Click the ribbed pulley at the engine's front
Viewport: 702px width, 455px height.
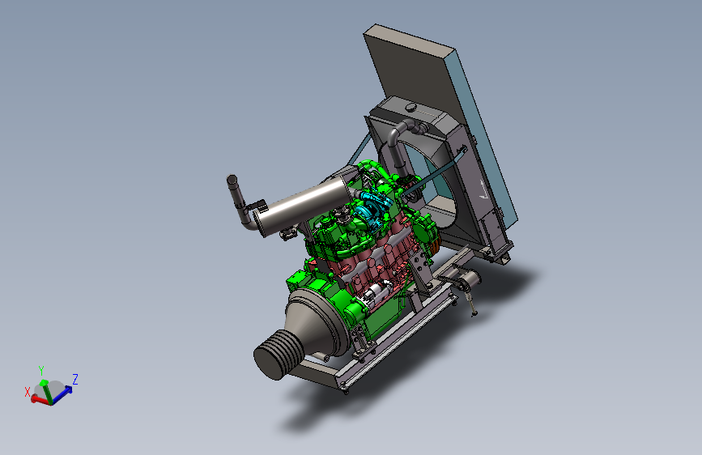click(x=278, y=354)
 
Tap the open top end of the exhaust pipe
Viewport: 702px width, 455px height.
click(x=232, y=180)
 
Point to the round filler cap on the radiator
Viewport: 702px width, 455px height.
click(x=411, y=108)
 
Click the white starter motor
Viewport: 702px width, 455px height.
click(x=375, y=292)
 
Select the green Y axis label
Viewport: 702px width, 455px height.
click(x=41, y=371)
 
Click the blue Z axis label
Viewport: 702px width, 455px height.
click(x=75, y=380)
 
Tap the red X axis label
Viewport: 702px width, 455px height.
click(x=28, y=393)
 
